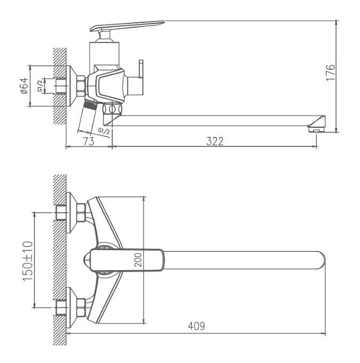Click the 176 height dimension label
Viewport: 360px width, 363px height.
tap(331, 73)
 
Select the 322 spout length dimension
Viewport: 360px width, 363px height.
tap(215, 141)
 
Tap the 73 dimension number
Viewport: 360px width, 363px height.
tap(89, 142)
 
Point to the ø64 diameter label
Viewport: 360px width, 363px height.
tap(24, 86)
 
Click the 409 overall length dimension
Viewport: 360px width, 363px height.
tap(196, 326)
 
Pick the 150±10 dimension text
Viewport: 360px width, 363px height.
tap(28, 261)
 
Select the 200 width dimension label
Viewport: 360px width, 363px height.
tap(138, 260)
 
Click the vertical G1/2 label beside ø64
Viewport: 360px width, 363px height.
tap(40, 85)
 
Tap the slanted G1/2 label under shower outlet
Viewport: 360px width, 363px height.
tap(104, 131)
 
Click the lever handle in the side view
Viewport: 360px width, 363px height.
tap(127, 25)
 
